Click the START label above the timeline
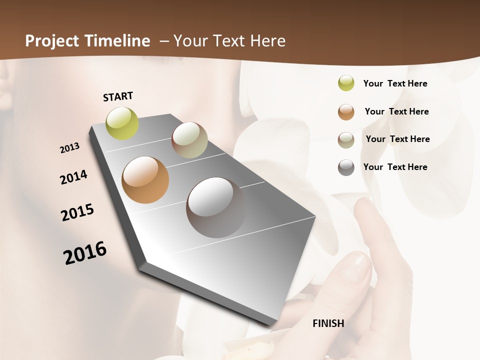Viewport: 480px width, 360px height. click(118, 96)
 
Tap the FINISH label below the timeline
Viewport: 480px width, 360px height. click(328, 323)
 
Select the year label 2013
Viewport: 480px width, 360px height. click(70, 148)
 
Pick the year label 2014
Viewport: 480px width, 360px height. click(73, 177)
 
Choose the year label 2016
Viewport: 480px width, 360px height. click(85, 253)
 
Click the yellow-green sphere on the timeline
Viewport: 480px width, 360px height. click(122, 123)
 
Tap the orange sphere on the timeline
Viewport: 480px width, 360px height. click(145, 180)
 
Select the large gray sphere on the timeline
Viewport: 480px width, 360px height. click(216, 207)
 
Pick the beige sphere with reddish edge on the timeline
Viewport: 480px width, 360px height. click(189, 140)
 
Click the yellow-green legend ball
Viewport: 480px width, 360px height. click(346, 83)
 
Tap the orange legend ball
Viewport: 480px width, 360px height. click(346, 111)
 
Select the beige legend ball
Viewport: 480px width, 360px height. click(346, 139)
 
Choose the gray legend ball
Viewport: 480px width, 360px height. click(346, 167)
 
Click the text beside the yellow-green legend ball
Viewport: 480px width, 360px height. click(395, 83)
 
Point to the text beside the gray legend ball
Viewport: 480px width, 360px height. click(395, 167)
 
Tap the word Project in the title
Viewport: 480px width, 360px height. click(51, 41)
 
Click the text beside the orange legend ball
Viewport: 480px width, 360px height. click(396, 111)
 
